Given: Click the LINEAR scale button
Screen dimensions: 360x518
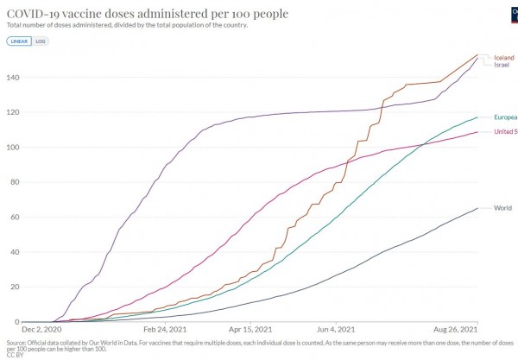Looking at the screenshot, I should pyautogui.click(x=17, y=41).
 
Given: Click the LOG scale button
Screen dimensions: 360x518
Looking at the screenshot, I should pyautogui.click(x=39, y=41).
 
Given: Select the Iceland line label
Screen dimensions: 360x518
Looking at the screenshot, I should pyautogui.click(x=504, y=58).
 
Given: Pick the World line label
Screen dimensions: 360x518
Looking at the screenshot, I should pyautogui.click(x=502, y=208).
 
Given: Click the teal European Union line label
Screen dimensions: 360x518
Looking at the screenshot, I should pyautogui.click(x=505, y=117).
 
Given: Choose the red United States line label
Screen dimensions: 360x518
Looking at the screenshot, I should pyautogui.click(x=505, y=132).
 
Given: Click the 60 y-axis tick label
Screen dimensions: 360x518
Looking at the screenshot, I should pyautogui.click(x=13, y=217).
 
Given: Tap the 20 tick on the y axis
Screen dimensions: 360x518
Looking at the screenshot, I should pyautogui.click(x=13, y=287).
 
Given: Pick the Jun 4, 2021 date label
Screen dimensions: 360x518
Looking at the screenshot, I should pyautogui.click(x=335, y=330).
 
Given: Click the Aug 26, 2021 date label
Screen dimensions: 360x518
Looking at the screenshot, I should pyautogui.click(x=455, y=330).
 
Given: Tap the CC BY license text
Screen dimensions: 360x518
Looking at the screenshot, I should pyautogui.click(x=15, y=354).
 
